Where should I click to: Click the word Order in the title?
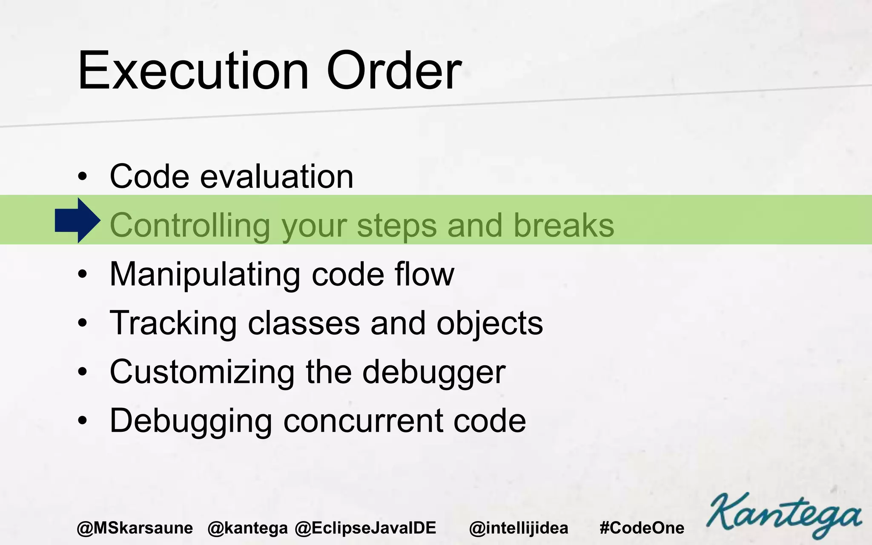click(x=394, y=71)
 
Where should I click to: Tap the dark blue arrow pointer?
click(x=77, y=221)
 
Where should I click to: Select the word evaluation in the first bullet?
click(x=277, y=176)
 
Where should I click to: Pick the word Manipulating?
click(x=205, y=275)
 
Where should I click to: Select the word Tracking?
click(x=173, y=324)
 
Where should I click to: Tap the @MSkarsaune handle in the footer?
click(x=135, y=528)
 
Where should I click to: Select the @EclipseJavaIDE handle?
click(x=365, y=528)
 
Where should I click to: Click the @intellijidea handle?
click(x=519, y=528)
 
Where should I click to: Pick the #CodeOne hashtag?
click(x=642, y=528)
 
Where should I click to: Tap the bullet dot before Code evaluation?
click(x=83, y=177)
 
